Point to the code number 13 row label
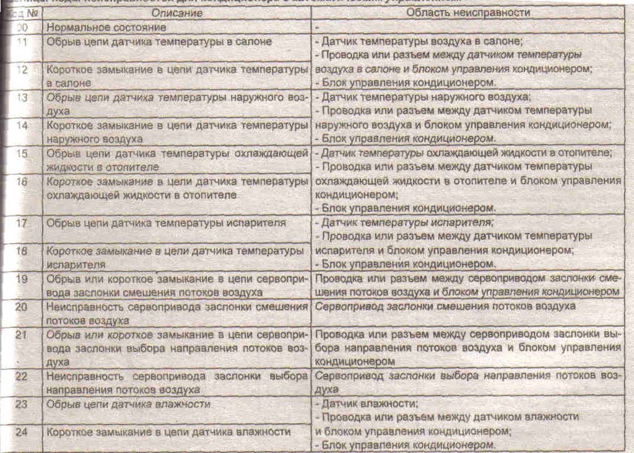(22, 98)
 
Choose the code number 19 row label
(22, 279)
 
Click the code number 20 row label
(22, 307)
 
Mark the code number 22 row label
(22, 376)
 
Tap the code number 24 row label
(22, 431)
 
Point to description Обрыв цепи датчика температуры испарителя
(166, 222)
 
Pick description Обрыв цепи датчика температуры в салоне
(159, 42)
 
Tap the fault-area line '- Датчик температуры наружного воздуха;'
(423, 98)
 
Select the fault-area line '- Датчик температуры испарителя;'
(408, 222)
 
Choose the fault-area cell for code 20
(445, 307)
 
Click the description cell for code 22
(176, 383)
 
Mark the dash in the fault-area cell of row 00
(316, 29)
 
